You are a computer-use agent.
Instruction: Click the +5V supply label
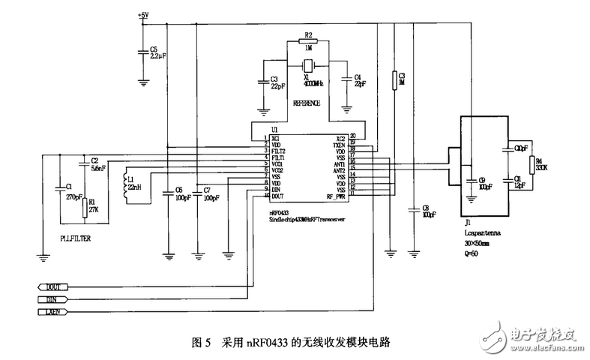(143, 14)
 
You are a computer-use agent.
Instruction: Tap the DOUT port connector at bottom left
(52, 286)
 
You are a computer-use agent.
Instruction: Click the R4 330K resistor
(532, 166)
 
